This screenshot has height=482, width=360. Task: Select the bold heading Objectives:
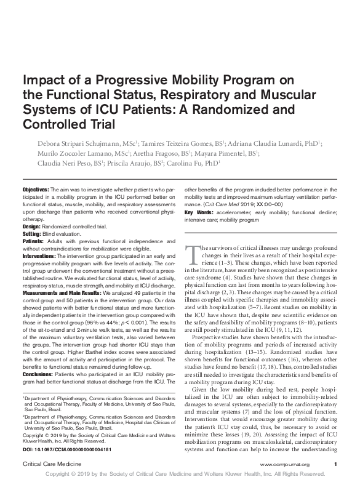click(36, 189)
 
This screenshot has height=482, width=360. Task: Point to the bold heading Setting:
click(33, 234)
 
